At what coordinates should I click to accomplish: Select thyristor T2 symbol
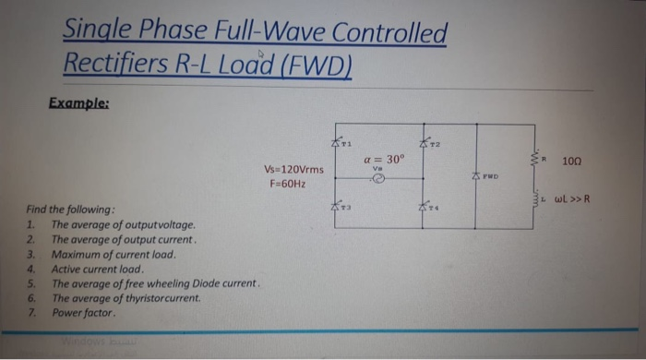tap(425, 141)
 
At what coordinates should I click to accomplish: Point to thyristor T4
tap(425, 209)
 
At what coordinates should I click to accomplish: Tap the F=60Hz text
tap(288, 184)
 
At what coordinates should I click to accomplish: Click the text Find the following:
tap(70, 210)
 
